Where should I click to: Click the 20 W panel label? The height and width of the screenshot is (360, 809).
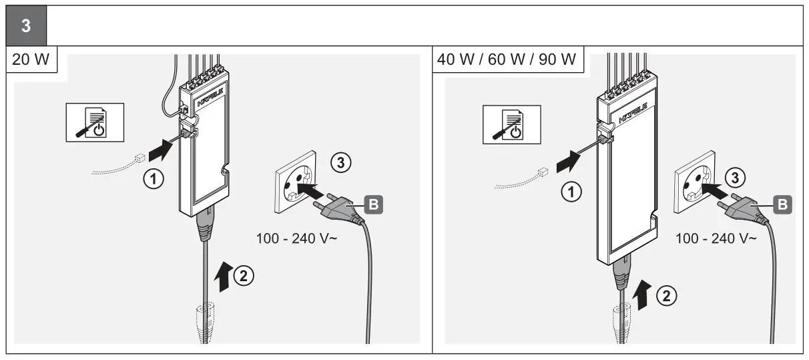pos(31,59)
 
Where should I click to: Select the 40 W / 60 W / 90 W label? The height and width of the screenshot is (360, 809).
pos(506,59)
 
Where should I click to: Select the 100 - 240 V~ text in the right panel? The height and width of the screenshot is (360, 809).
pos(716,238)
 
